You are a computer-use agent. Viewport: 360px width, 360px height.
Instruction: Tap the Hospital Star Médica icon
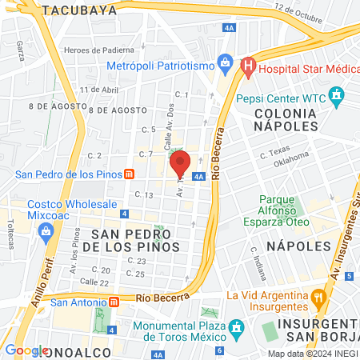pos(248,64)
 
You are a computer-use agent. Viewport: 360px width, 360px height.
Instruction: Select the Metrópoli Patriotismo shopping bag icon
pos(226,62)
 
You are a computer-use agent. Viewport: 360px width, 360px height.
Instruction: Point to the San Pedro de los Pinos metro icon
pos(129,174)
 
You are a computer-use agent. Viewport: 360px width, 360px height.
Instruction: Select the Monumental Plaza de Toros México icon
pos(236,327)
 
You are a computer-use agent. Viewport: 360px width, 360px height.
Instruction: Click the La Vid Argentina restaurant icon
pos(318,297)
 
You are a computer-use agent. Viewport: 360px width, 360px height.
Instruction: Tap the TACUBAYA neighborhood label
pos(79,10)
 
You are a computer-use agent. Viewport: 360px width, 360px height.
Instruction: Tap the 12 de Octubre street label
pos(299,14)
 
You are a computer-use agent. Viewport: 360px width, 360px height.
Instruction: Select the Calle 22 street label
pos(94,282)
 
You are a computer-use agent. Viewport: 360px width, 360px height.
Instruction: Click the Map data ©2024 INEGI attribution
pos(312,354)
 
